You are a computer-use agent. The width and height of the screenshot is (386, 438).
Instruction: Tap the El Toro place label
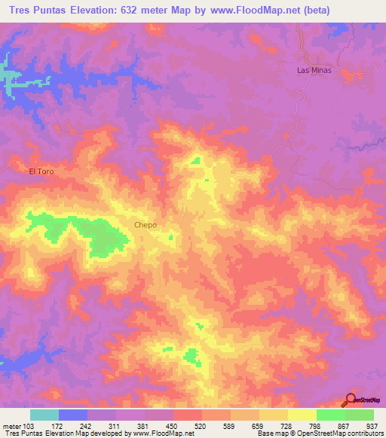click(42, 172)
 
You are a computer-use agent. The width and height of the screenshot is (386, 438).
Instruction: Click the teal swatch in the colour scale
click(44, 415)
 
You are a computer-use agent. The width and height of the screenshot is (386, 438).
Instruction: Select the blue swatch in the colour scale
click(73, 415)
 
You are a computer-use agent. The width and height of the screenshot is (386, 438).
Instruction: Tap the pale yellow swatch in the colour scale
click(302, 415)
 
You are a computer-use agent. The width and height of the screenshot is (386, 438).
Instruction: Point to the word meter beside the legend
click(11, 425)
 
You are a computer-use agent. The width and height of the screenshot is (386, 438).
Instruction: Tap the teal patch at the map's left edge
click(9, 79)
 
